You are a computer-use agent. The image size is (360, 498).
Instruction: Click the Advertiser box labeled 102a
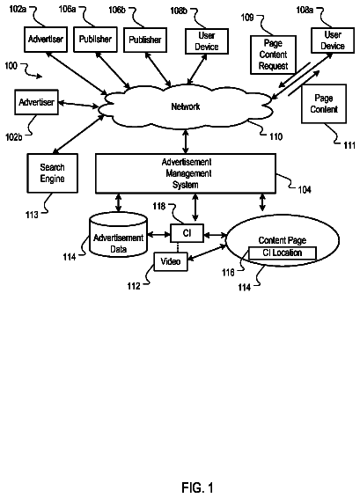point(46,40)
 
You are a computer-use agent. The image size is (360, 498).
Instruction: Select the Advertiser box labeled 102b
point(36,102)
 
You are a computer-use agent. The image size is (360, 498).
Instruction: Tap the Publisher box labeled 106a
point(95,40)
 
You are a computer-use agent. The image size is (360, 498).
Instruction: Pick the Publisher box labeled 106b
point(145,40)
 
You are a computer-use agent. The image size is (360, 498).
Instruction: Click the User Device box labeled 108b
point(207,41)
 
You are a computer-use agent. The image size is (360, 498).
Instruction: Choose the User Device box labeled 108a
point(333,40)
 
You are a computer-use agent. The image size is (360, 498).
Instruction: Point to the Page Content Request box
point(273,55)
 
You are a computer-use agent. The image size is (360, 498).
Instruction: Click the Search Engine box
point(53,173)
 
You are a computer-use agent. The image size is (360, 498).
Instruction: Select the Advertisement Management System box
point(186,173)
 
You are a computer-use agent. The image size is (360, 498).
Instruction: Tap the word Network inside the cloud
point(186,106)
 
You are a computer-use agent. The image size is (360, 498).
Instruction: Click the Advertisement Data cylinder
point(119,235)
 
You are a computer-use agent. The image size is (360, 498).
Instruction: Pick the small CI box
point(187,233)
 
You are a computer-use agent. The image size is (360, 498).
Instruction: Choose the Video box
point(171,261)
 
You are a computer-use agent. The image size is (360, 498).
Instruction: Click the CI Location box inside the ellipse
point(283,253)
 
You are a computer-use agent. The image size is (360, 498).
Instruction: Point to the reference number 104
point(305,189)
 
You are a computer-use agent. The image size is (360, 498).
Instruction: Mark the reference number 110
point(276,136)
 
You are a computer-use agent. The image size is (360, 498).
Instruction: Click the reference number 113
point(32,215)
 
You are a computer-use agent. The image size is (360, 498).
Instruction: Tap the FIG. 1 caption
point(197,487)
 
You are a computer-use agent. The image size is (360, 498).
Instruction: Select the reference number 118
point(158,206)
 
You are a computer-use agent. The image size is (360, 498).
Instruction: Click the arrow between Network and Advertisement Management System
point(186,142)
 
